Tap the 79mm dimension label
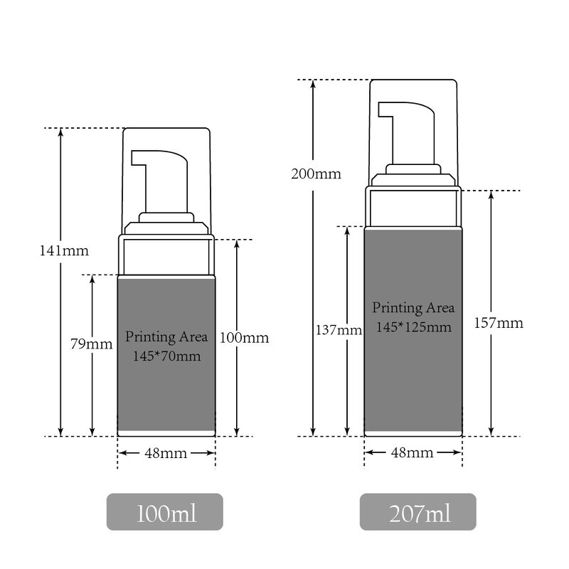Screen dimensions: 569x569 point(92,344)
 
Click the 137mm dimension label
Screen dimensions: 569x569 point(339,330)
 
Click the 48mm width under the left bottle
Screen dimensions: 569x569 point(166,453)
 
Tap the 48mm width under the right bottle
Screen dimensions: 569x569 point(413,453)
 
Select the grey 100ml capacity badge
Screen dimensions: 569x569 point(165,512)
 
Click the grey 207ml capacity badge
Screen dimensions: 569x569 point(418,512)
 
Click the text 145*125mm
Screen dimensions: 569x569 point(413,326)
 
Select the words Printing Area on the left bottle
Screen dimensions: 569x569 point(166,335)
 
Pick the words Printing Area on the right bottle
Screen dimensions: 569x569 point(413,309)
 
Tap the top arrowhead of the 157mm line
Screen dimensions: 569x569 point(491,195)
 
